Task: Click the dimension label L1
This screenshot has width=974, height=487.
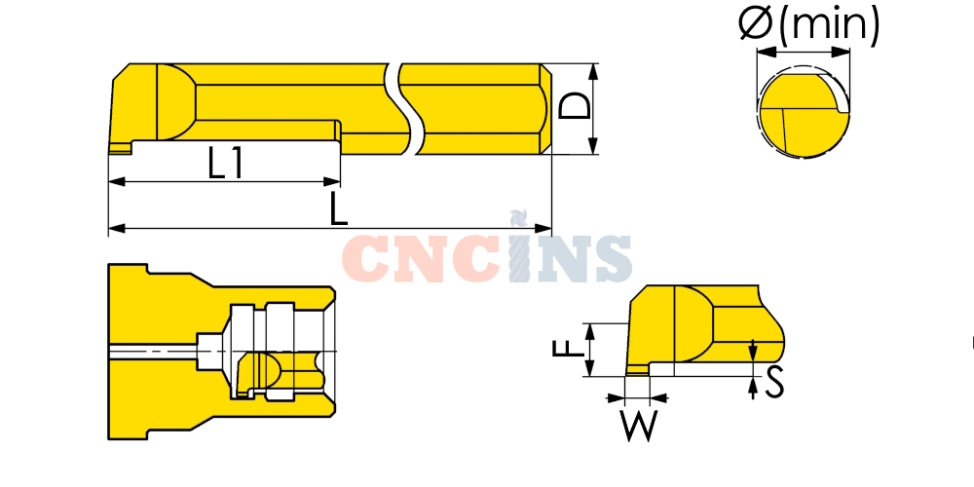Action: pos(226,165)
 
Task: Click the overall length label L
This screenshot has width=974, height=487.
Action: pos(339,208)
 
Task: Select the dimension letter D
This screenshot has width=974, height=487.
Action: pos(574,105)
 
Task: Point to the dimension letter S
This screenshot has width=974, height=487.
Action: pos(774,383)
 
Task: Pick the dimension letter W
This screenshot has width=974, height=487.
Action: pos(639,427)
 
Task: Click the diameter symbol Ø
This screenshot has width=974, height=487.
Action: pos(756,22)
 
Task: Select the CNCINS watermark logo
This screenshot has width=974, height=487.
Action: pos(487,253)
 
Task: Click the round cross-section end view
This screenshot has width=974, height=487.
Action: pos(805,115)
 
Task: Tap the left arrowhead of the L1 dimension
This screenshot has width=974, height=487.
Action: pos(117,182)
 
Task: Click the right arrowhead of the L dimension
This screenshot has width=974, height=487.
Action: pos(543,229)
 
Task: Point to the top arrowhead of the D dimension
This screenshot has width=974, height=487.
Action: pos(593,71)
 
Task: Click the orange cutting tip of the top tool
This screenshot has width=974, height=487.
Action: pos(120,148)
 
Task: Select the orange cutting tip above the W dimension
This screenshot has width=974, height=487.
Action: pos(637,371)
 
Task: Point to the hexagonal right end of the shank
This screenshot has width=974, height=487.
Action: pos(545,109)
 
